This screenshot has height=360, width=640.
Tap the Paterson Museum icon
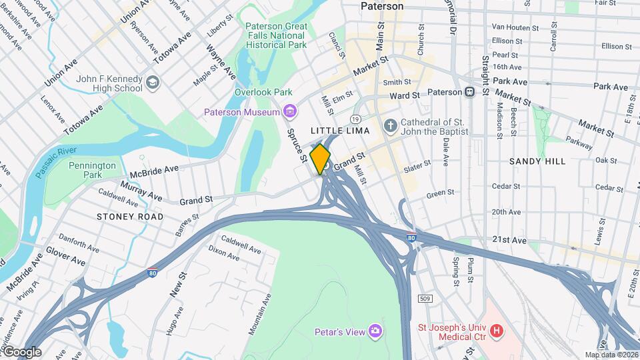(289, 112)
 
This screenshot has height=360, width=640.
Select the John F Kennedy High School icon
(153, 83)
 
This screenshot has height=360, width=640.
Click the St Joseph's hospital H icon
(496, 331)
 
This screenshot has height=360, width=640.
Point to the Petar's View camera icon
(375, 331)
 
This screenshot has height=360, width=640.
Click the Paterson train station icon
(469, 92)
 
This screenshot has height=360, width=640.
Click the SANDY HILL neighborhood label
(537, 161)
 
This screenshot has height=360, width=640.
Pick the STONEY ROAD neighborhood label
(129, 217)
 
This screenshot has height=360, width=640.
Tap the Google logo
(21, 352)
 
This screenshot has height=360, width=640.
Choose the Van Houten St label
(515, 27)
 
